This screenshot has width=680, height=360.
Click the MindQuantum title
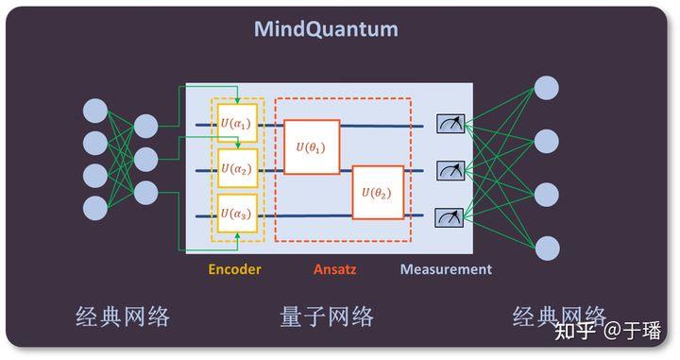(x=326, y=28)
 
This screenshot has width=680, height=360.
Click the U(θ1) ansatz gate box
(x=312, y=146)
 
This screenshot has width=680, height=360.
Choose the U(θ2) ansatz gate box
(x=378, y=193)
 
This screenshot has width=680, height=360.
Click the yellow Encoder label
(x=234, y=269)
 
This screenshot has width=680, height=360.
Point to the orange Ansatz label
(x=336, y=269)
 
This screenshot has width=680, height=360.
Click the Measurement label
(x=446, y=269)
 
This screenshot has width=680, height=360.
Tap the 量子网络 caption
(x=327, y=317)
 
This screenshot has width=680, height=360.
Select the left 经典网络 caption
(x=122, y=317)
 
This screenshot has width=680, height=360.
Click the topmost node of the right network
(x=546, y=88)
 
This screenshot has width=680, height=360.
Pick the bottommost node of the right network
(x=546, y=248)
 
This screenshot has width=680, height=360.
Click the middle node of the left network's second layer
(x=145, y=159)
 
